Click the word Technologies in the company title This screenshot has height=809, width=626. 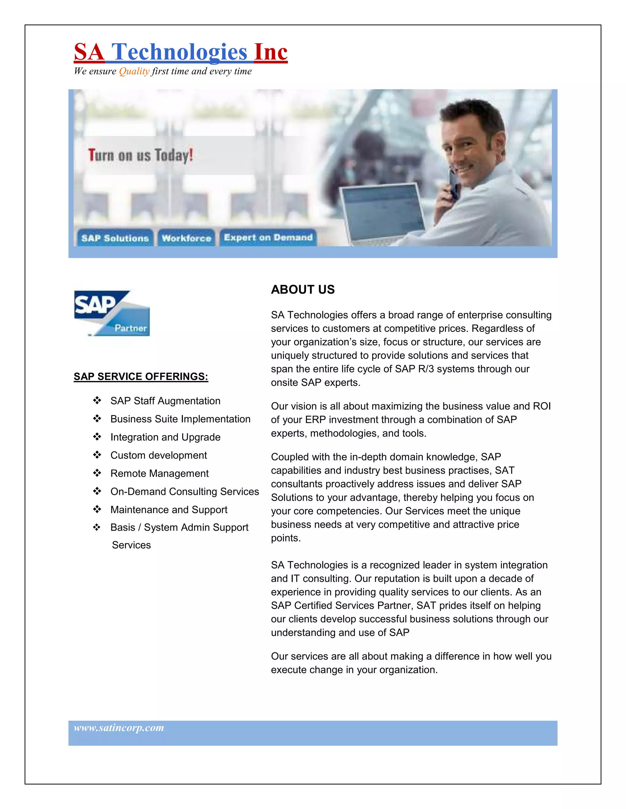[179, 52]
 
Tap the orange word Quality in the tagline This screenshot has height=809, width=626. [134, 71]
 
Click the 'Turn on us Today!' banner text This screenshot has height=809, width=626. [141, 155]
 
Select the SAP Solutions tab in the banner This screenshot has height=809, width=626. [115, 238]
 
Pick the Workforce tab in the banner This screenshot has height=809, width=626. [186, 238]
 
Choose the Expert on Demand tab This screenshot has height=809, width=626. [268, 238]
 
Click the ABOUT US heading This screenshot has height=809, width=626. [303, 289]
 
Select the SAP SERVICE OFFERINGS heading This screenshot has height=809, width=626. [141, 376]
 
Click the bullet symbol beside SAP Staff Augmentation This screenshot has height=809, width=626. [97, 401]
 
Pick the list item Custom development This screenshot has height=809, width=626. [158, 455]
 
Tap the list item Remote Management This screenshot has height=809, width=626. [160, 473]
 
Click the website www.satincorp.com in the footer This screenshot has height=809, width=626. [119, 728]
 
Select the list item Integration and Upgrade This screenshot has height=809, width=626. [165, 437]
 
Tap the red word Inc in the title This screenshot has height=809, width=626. [271, 52]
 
